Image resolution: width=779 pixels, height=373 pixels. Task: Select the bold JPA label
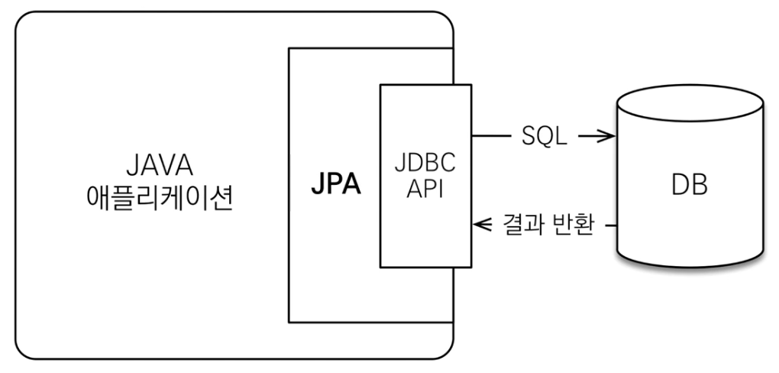click(335, 186)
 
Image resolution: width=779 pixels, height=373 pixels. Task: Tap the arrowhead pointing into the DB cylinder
click(607, 137)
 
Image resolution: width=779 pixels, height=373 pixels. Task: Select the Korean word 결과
click(519, 225)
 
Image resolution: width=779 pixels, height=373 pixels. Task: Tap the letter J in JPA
click(316, 186)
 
